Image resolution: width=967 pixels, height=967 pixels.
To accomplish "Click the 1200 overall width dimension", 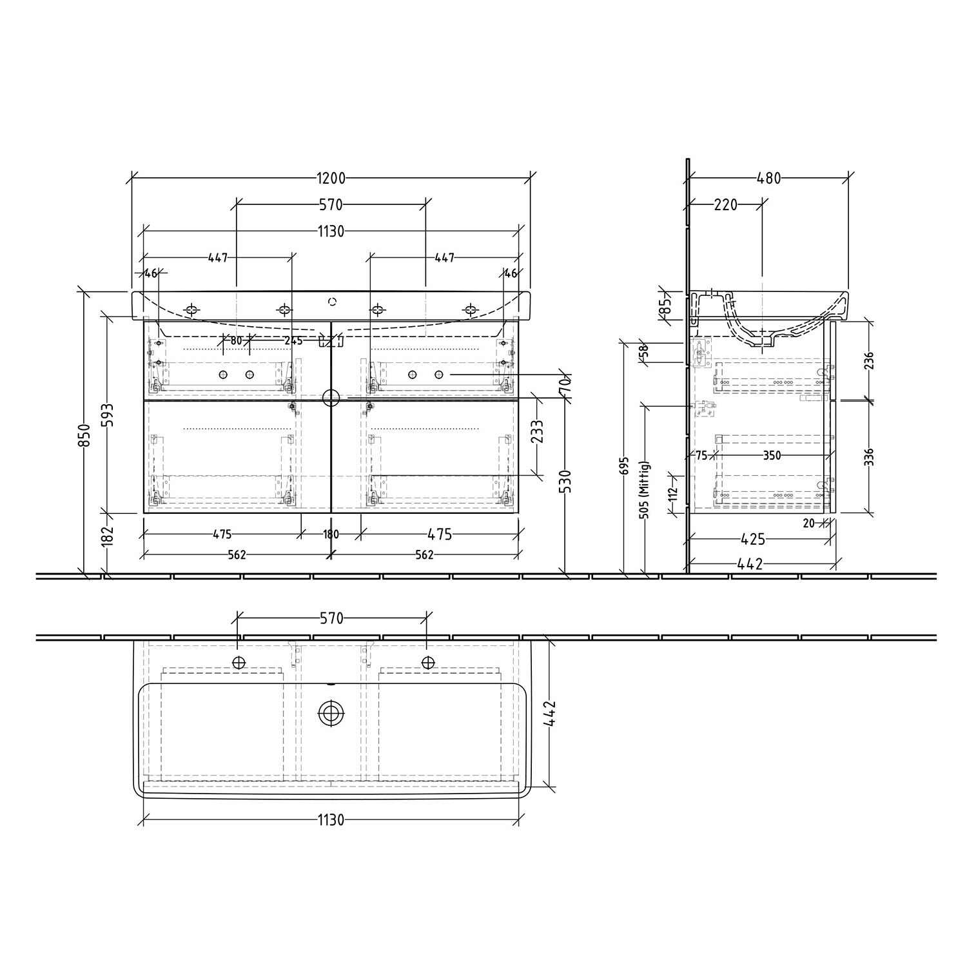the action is click(x=331, y=179).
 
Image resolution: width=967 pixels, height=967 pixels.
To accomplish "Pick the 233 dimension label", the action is click(x=537, y=432).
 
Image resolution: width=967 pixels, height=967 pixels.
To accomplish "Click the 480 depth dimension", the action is click(x=769, y=179).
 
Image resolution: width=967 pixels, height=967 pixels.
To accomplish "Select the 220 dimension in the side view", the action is click(x=726, y=205).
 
